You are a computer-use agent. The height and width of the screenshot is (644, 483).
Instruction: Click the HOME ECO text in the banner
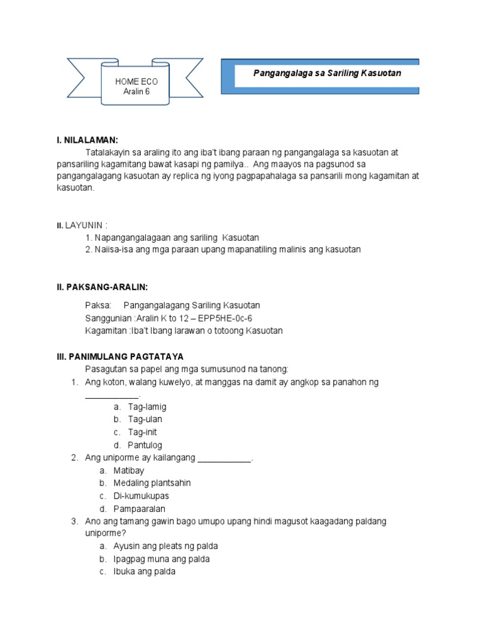tap(136, 82)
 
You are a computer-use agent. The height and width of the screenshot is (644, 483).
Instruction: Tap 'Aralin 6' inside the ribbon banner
tap(136, 91)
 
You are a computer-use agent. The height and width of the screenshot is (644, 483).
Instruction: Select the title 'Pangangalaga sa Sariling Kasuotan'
tap(327, 74)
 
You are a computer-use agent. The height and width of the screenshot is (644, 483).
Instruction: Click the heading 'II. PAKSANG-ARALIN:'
tap(102, 287)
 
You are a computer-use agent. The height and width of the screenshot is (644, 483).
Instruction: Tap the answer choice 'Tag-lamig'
tap(147, 407)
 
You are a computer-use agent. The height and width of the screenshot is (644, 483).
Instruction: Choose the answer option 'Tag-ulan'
tap(145, 419)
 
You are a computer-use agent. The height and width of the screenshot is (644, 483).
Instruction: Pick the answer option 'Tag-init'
tap(143, 432)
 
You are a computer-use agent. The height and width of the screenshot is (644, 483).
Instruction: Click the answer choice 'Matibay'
tap(129, 470)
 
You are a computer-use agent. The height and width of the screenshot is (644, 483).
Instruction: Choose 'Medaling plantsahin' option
tap(152, 483)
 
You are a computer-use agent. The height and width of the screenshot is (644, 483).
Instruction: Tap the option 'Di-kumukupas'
tap(141, 496)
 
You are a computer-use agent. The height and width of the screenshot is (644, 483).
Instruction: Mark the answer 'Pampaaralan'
tap(139, 509)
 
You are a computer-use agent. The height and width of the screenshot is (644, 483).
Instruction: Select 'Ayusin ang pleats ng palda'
tap(165, 546)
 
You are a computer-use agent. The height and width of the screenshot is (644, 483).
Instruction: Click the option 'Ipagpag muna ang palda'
tap(161, 559)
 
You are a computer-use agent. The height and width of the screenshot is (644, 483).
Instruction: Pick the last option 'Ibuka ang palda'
tap(144, 572)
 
